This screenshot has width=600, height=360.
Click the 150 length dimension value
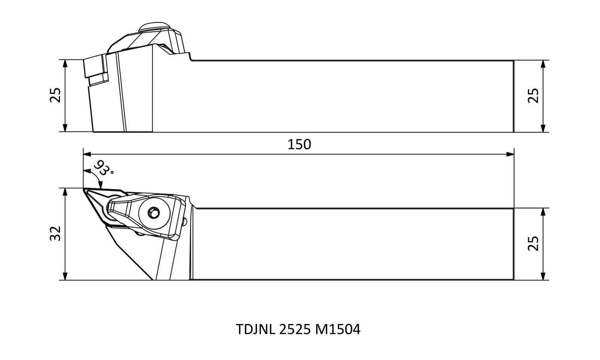[299, 144]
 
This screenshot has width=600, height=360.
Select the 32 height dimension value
[56, 234]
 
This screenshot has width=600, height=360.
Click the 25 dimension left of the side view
[55, 95]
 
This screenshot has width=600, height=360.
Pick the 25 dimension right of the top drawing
[533, 95]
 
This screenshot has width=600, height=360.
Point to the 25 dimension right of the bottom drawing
[533, 243]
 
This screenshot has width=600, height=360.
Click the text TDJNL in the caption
[255, 329]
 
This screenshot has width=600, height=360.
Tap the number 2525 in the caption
[295, 329]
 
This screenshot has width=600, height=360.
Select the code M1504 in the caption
[338, 329]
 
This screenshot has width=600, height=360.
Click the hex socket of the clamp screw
[154, 213]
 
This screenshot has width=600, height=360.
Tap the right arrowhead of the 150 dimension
[510, 154]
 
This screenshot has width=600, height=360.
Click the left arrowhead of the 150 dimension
[87, 154]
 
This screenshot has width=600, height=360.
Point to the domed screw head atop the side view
[154, 27]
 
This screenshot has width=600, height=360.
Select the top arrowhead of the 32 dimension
[64, 192]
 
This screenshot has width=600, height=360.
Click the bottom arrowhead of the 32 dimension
[64, 276]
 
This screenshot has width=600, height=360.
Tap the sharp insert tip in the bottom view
[84, 189]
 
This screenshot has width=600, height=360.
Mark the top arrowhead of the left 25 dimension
[64, 64]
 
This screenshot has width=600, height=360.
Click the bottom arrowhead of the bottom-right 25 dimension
[543, 276]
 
